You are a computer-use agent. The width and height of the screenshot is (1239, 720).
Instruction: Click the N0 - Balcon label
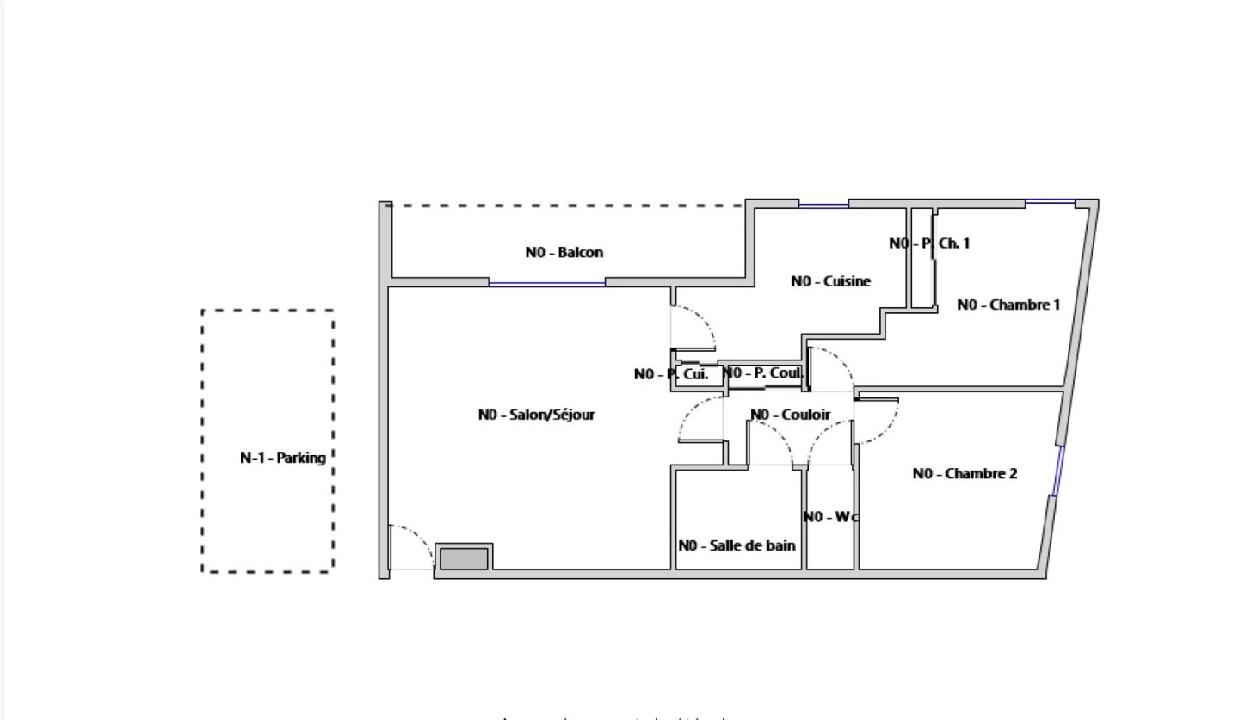[564, 253]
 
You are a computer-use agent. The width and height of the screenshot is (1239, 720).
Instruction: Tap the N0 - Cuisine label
[830, 281]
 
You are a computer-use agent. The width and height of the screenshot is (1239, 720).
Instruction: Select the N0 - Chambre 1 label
[1008, 305]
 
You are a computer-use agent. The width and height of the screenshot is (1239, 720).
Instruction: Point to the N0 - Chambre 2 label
[965, 473]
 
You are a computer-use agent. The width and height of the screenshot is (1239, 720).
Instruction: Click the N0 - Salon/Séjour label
[536, 415]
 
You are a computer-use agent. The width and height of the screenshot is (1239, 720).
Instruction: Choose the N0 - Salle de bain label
[737, 545]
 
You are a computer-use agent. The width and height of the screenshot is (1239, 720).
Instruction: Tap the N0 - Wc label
[830, 517]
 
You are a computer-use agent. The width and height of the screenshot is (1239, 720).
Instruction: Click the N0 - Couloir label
[790, 415]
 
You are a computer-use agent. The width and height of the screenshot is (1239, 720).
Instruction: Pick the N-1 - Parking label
[282, 458]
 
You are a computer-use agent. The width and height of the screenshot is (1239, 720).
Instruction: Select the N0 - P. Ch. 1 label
[929, 243]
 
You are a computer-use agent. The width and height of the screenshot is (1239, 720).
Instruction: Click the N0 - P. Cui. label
[671, 374]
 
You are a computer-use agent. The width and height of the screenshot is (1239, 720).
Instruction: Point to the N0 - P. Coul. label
[762, 373]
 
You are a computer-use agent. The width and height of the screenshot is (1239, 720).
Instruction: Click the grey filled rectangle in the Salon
[464, 558]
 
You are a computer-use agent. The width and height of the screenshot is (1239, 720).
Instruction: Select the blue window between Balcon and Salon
[546, 282]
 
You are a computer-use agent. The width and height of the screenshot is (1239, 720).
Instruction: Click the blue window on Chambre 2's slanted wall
[1058, 471]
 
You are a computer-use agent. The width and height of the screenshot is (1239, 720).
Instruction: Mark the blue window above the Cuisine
[823, 205]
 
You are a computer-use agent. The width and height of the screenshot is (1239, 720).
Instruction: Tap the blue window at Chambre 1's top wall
[1050, 203]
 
